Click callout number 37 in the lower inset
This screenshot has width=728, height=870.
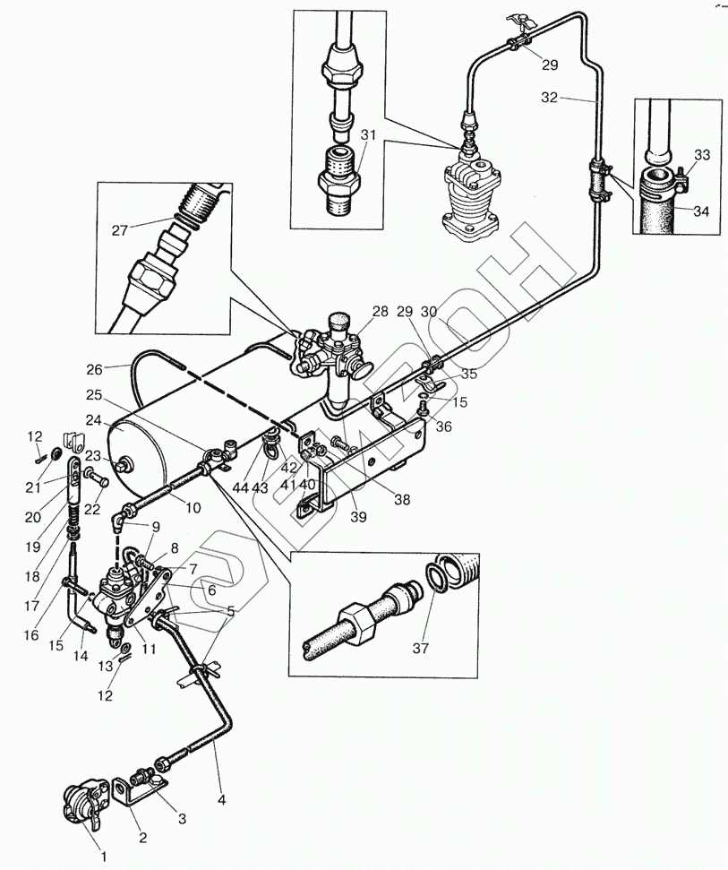tap(420, 647)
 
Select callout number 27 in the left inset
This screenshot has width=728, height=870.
tap(120, 230)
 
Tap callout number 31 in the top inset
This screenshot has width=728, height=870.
tap(368, 134)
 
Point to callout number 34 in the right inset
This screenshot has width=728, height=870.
tap(701, 211)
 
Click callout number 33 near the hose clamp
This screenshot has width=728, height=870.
tap(702, 155)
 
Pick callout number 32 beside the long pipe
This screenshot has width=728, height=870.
tap(549, 98)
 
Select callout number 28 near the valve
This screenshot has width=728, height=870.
tap(381, 311)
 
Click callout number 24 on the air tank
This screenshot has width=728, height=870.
tap(94, 420)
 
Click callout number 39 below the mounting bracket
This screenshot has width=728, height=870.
tap(359, 517)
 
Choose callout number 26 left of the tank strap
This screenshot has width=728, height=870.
tap(94, 369)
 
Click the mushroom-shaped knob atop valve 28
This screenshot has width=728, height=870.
tap(338, 322)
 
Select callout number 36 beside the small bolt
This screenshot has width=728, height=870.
tap(443, 426)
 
